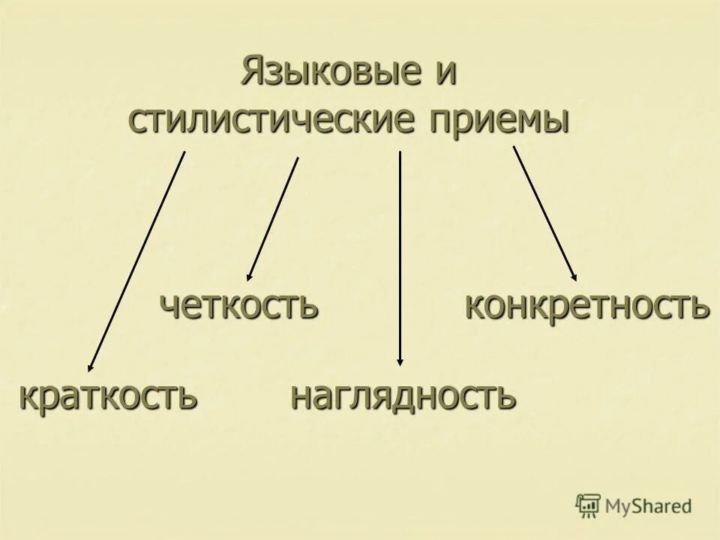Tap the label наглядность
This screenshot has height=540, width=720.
point(403,396)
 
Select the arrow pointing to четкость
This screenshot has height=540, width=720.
point(274,217)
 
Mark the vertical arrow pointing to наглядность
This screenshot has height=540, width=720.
point(400,255)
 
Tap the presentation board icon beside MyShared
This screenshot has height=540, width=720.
point(589,505)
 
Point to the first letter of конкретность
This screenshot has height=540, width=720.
point(473,307)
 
